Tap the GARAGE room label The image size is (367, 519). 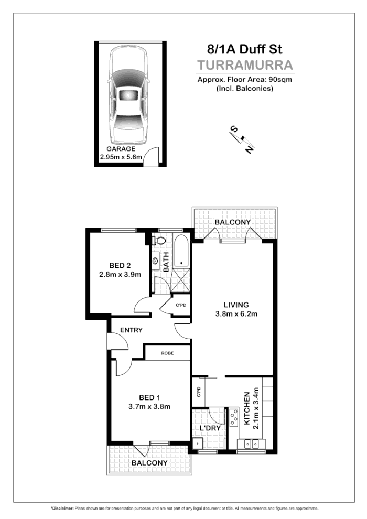pyautogui.click(x=121, y=149)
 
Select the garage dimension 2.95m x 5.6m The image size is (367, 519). pyautogui.click(x=121, y=157)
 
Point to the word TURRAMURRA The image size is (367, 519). pyautogui.click(x=245, y=66)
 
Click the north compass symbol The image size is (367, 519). pyautogui.click(x=242, y=139)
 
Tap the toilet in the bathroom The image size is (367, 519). pyautogui.click(x=159, y=241)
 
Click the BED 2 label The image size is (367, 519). pyautogui.click(x=121, y=265)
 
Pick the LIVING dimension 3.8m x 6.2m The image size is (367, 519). pyautogui.click(x=236, y=314)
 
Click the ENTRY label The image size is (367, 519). pyautogui.click(x=131, y=330)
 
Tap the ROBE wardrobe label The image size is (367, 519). pyautogui.click(x=167, y=353)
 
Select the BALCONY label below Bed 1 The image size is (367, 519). pyautogui.click(x=149, y=463)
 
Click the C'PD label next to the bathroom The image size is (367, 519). pyautogui.click(x=181, y=305)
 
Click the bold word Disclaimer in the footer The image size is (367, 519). pyautogui.click(x=62, y=509)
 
